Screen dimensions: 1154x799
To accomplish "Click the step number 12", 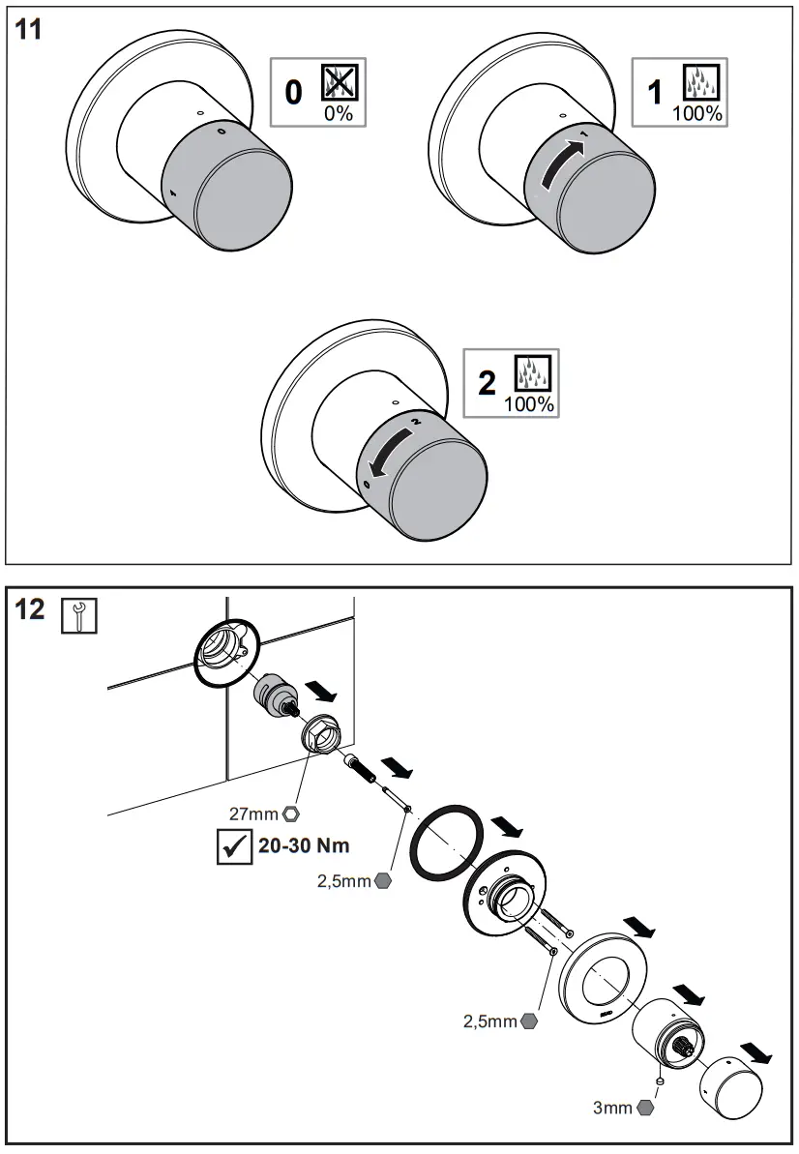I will pos(30,611).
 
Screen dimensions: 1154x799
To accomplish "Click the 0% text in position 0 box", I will pos(338,114).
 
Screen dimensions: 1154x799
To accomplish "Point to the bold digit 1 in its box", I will pos(656,92).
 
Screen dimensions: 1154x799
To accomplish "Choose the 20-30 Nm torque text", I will pos(304,845).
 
